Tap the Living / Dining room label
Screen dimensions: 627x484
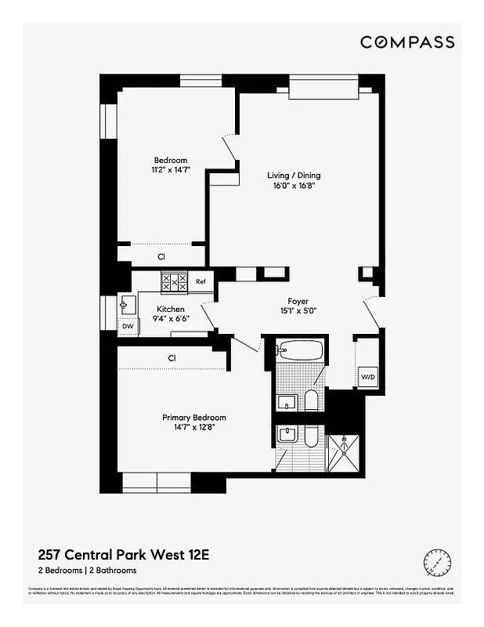tap(294, 176)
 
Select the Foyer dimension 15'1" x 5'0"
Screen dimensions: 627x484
tap(298, 312)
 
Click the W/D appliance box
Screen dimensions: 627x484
tap(368, 377)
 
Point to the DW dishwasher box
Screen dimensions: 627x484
tap(127, 326)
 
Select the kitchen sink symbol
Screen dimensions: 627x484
tap(127, 303)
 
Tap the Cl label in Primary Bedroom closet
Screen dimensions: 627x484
tap(172, 359)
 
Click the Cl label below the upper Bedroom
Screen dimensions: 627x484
tap(161, 256)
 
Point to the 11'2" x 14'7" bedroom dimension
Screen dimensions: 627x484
tap(170, 170)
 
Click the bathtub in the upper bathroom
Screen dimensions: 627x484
tap(299, 350)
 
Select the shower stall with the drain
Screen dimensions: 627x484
tap(343, 451)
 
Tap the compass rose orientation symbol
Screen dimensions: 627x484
tap(437, 561)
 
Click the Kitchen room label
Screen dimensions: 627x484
tap(170, 309)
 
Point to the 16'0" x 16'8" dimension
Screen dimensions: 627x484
tap(294, 187)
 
